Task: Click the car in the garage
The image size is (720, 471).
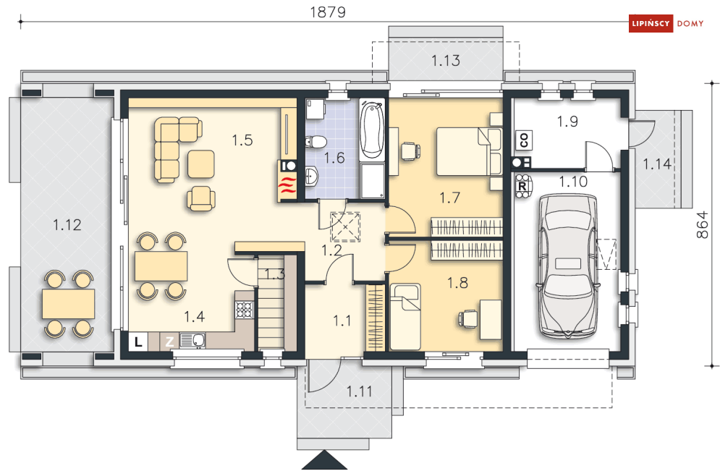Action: click(x=569, y=266)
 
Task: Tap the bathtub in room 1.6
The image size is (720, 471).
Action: click(x=371, y=130)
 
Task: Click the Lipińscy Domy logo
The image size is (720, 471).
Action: click(x=666, y=23)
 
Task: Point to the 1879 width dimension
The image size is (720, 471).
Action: click(x=327, y=12)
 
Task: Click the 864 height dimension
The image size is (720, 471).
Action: click(x=702, y=224)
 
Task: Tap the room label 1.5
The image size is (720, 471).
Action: click(x=242, y=140)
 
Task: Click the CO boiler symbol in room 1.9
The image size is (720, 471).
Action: click(x=524, y=140)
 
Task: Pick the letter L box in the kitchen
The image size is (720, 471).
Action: click(x=137, y=341)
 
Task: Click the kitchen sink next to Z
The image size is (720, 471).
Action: click(x=192, y=340)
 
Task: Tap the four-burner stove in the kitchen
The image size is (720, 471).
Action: click(x=245, y=310)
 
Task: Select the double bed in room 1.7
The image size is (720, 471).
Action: click(x=469, y=151)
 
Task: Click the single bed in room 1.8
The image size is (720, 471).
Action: click(x=405, y=317)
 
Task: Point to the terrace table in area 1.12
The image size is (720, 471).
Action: click(x=69, y=304)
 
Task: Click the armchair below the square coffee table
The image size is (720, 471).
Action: click(x=200, y=198)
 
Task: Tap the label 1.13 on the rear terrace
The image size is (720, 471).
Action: click(x=446, y=60)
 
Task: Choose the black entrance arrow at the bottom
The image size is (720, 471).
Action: click(x=325, y=460)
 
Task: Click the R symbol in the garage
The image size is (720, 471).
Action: click(x=522, y=187)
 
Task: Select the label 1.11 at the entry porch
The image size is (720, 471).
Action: click(x=359, y=391)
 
